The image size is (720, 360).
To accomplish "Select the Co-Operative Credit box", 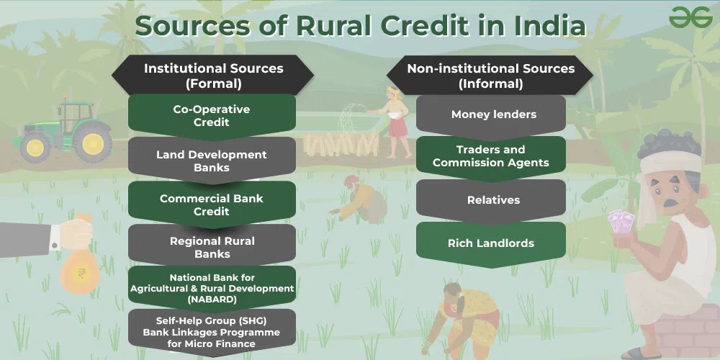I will pos(212,116).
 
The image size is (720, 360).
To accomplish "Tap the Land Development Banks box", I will pos(212,161).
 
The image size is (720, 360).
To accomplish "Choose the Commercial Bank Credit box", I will pos(212,204).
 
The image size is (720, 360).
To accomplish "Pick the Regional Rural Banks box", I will pos(212,247).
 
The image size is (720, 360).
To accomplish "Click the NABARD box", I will pos(212,288).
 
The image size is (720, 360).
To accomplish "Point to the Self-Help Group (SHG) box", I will pos(212,332).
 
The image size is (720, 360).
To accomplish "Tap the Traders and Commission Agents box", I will pos(491,156).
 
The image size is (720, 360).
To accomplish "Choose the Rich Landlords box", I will pos(491,243).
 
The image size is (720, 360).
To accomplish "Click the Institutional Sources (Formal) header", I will pos(213,76).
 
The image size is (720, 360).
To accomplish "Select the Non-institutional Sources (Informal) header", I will pos(491,76).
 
